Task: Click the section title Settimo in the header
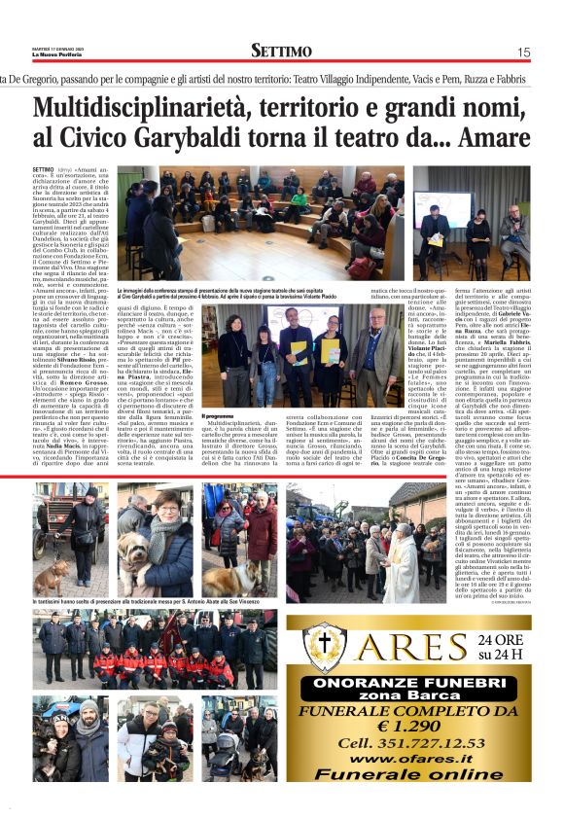point(281,51)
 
